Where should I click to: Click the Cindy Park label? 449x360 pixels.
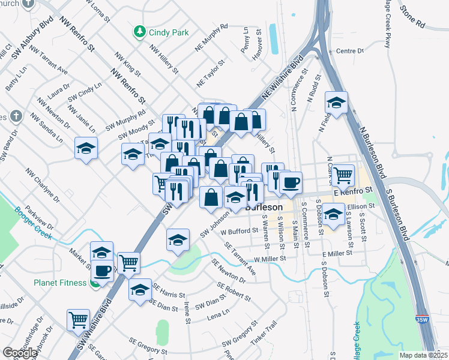click(169, 32)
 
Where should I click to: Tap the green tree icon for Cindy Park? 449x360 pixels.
click(139, 31)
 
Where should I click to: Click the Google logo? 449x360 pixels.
click(20, 353)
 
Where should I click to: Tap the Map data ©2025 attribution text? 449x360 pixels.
click(424, 355)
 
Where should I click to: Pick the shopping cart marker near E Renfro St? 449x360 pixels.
click(343, 175)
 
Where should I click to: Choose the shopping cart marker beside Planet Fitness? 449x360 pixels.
click(128, 262)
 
